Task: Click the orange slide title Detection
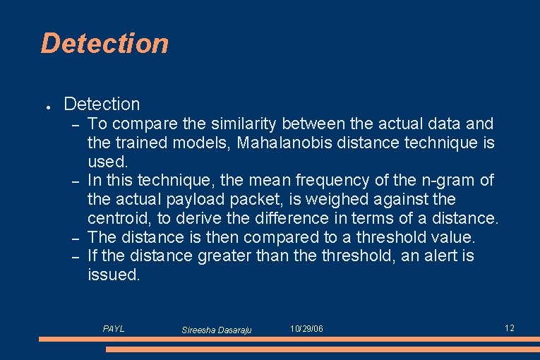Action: click(104, 43)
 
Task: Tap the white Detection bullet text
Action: click(102, 104)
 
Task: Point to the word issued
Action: click(114, 275)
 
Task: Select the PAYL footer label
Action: click(114, 329)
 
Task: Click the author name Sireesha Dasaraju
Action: click(216, 330)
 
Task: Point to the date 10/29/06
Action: click(306, 329)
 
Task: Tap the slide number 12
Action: click(510, 328)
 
